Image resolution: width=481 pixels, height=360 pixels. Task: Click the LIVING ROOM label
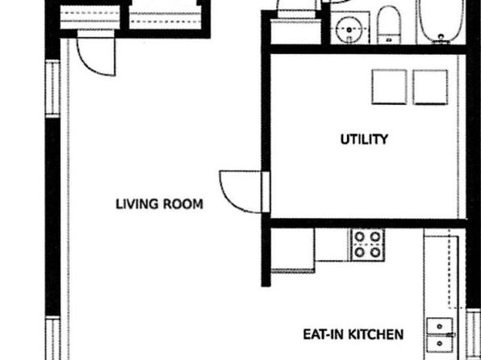click(159, 204)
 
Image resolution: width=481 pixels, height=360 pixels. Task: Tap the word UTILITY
click(364, 140)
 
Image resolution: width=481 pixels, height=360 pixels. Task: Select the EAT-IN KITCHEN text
click(353, 334)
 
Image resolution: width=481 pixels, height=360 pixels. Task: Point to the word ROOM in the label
click(183, 204)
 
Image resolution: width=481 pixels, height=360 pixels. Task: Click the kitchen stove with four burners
click(367, 245)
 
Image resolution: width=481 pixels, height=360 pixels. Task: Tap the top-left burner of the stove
click(359, 237)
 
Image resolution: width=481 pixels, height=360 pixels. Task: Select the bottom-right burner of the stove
click(375, 253)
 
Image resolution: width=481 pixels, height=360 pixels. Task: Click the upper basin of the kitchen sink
click(440, 327)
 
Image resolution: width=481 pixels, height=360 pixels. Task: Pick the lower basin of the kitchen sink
click(440, 343)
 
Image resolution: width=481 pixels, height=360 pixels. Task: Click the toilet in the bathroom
click(389, 25)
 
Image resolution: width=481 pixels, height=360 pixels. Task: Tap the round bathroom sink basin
click(349, 30)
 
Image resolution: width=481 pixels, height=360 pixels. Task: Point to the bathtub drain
click(441, 37)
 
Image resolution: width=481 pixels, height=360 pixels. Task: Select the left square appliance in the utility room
click(389, 87)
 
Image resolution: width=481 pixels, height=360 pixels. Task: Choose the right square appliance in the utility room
click(430, 87)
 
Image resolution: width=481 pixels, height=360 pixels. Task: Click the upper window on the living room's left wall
click(52, 89)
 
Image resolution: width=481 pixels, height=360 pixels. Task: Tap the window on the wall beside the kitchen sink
click(473, 334)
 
